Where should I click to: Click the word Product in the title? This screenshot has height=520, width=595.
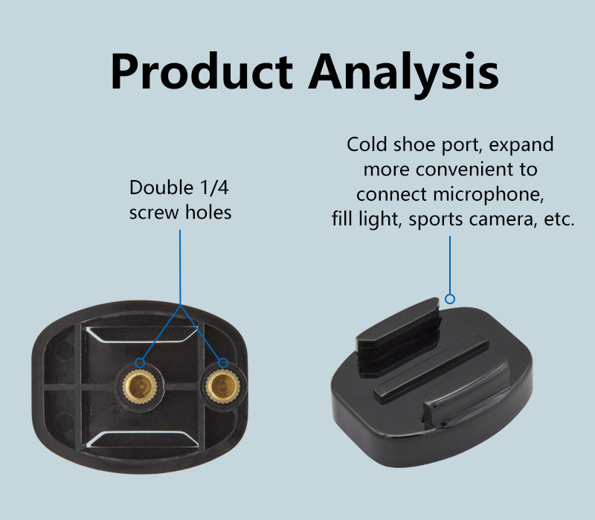(x=202, y=71)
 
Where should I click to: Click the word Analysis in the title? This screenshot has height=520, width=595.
(x=403, y=74)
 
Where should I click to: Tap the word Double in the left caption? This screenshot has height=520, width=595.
(x=161, y=187)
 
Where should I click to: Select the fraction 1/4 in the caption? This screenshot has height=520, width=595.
(x=214, y=187)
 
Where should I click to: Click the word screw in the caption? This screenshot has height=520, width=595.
(x=154, y=213)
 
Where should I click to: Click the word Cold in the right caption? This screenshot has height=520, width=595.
(x=367, y=144)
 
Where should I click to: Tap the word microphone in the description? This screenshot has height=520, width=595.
(x=489, y=195)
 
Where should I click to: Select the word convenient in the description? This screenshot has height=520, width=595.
(x=469, y=170)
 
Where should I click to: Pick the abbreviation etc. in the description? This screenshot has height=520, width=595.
(x=559, y=219)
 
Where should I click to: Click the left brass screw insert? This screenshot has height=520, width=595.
(x=140, y=386)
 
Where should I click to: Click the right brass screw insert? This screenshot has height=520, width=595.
(x=222, y=386)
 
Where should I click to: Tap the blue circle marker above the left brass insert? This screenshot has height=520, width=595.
(x=140, y=362)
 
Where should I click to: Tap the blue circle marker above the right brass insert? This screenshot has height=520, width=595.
(x=223, y=363)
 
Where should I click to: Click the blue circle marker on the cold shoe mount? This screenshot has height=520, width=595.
(x=450, y=299)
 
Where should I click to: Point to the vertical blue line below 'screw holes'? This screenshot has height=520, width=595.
(x=180, y=267)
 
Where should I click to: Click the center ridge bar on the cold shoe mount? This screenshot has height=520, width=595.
(x=431, y=367)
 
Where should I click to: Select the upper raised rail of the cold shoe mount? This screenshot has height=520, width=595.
(x=399, y=338)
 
